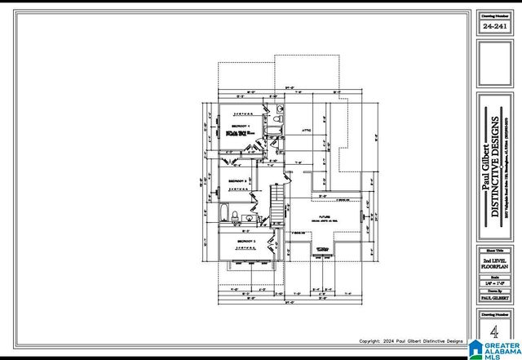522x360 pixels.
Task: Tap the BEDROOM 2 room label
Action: pos(237,180)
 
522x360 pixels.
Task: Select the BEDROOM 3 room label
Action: pos(247,242)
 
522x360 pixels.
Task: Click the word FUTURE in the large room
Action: pos(324,216)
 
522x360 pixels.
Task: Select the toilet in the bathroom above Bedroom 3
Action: pos(235,216)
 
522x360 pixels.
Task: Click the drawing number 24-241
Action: pos(494,27)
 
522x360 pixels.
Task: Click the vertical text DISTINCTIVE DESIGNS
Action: pos(496,163)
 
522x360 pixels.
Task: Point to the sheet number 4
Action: pos(493,333)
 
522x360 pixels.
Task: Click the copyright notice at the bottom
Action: pos(411,341)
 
